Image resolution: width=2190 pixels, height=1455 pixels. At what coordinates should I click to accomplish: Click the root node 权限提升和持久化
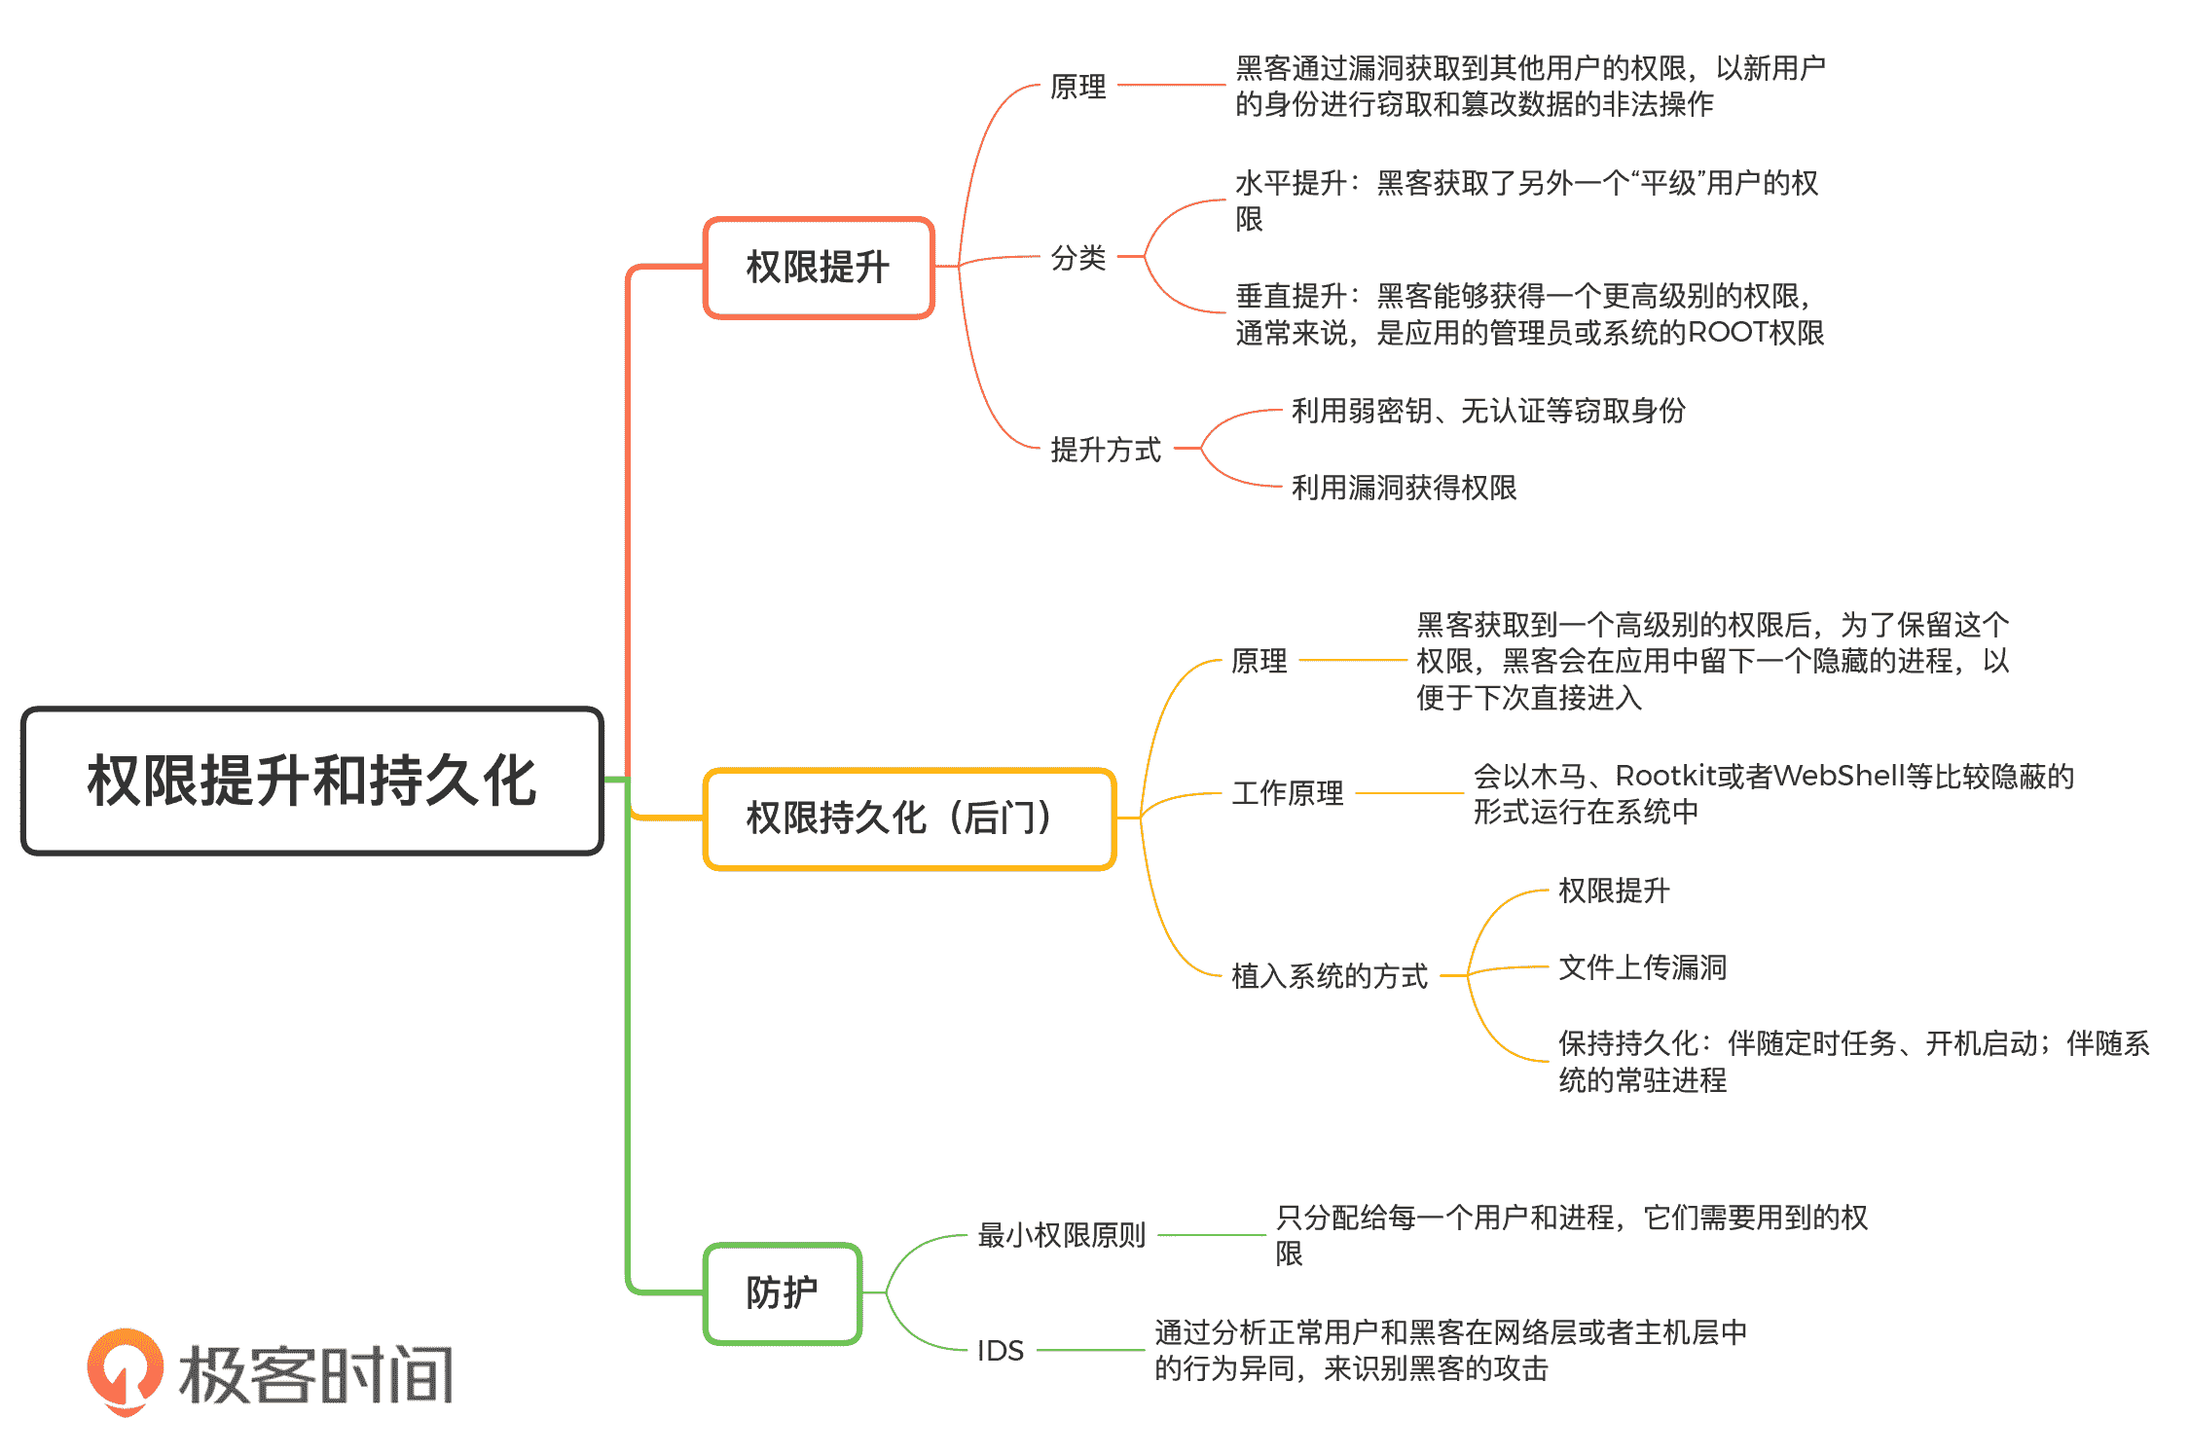pyautogui.click(x=311, y=781)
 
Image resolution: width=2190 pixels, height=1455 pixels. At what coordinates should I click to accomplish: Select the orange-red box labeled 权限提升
pyautogui.click(x=818, y=268)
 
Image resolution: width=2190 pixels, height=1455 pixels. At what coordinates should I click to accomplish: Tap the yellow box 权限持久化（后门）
pyautogui.click(x=908, y=818)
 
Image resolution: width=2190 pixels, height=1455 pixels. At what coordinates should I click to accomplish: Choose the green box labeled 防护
pyautogui.click(x=782, y=1293)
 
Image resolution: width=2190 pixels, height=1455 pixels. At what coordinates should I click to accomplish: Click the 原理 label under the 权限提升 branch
pyautogui.click(x=1078, y=87)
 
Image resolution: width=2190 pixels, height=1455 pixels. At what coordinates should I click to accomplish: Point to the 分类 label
pyautogui.click(x=1078, y=258)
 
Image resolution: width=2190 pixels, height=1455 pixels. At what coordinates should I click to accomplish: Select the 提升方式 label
pyautogui.click(x=1106, y=450)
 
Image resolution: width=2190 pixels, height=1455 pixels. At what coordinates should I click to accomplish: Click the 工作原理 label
pyautogui.click(x=1287, y=793)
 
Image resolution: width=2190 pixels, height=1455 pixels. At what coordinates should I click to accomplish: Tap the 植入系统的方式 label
pyautogui.click(x=1330, y=975)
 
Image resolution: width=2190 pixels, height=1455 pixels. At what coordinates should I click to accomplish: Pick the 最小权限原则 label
pyautogui.click(x=1061, y=1235)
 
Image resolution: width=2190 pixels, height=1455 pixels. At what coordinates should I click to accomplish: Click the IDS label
pyautogui.click(x=1001, y=1351)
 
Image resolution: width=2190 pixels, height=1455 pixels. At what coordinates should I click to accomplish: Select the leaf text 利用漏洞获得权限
pyautogui.click(x=1404, y=488)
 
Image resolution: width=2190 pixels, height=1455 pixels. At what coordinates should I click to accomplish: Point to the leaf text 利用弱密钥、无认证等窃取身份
pyautogui.click(x=1488, y=411)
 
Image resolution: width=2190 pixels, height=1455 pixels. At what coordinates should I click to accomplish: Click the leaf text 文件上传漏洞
pyautogui.click(x=1642, y=967)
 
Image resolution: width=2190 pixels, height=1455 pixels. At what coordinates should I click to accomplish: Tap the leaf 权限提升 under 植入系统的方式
pyautogui.click(x=1614, y=891)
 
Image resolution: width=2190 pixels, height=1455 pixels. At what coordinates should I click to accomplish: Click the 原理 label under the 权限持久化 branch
pyautogui.click(x=1259, y=661)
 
